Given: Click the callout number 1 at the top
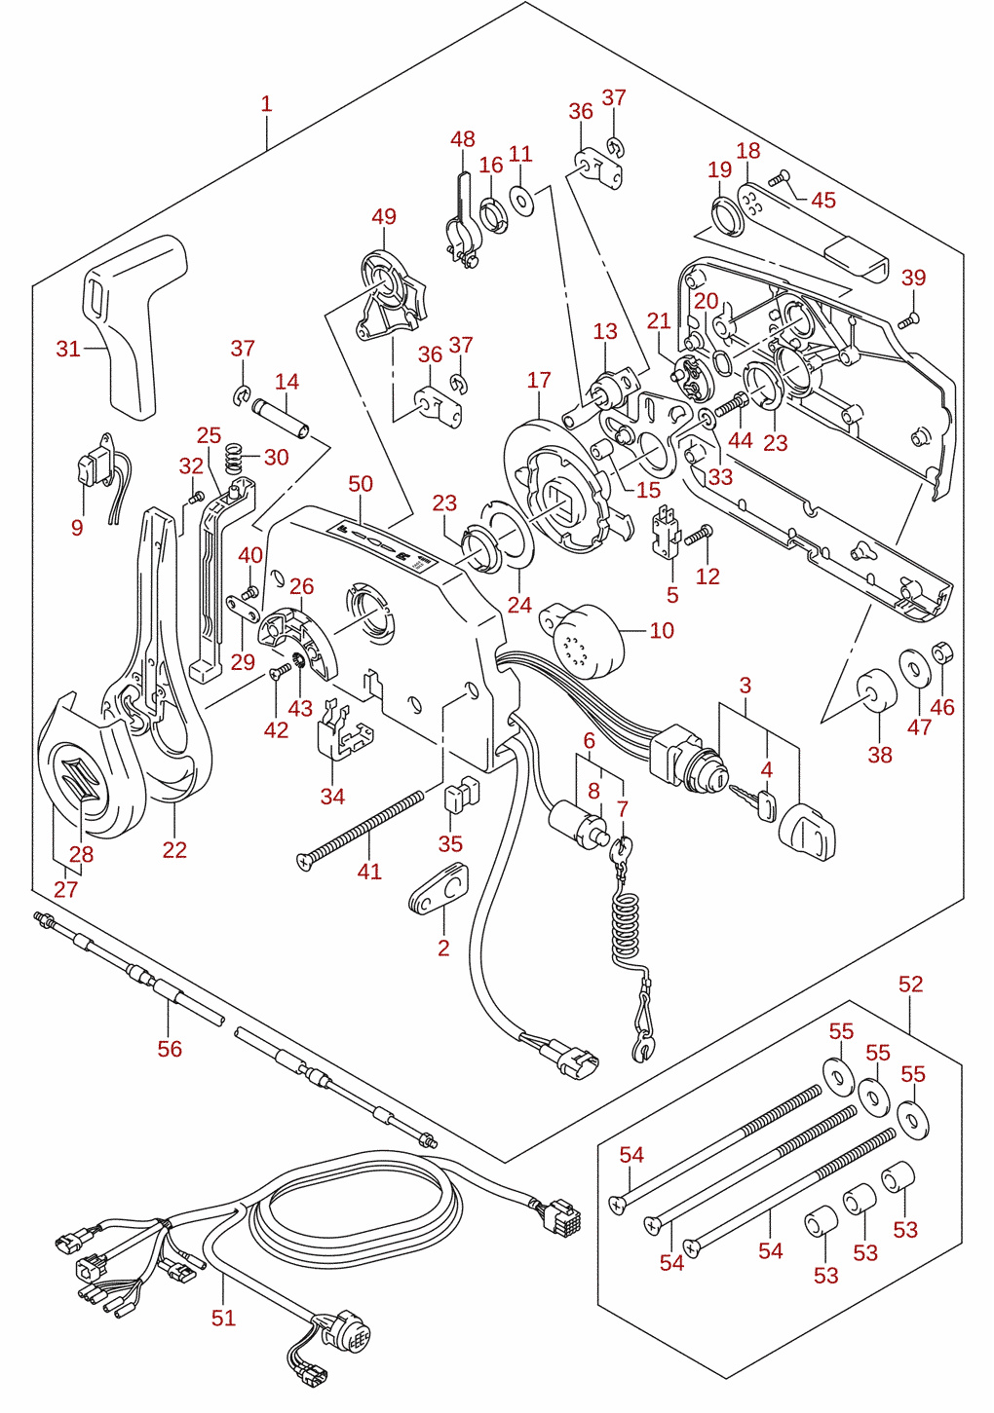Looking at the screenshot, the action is pyautogui.click(x=266, y=103).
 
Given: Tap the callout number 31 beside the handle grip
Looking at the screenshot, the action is pyautogui.click(x=68, y=349).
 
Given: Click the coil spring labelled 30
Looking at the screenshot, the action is pyautogui.click(x=234, y=458).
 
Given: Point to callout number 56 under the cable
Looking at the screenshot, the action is pyautogui.click(x=170, y=1049).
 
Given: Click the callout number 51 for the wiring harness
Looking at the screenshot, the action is pyautogui.click(x=223, y=1318).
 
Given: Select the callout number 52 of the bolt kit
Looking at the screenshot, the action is pyautogui.click(x=911, y=984).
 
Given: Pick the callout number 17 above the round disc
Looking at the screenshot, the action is pyautogui.click(x=539, y=380).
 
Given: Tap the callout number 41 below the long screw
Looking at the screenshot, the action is pyautogui.click(x=369, y=872).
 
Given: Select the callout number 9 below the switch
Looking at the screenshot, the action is pyautogui.click(x=77, y=528).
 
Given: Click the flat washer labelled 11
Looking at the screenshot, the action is pyautogui.click(x=521, y=200).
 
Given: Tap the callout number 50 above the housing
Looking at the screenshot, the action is pyautogui.click(x=361, y=484).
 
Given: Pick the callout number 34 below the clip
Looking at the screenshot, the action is pyautogui.click(x=332, y=796).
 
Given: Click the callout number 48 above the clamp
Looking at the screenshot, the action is pyautogui.click(x=463, y=139).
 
